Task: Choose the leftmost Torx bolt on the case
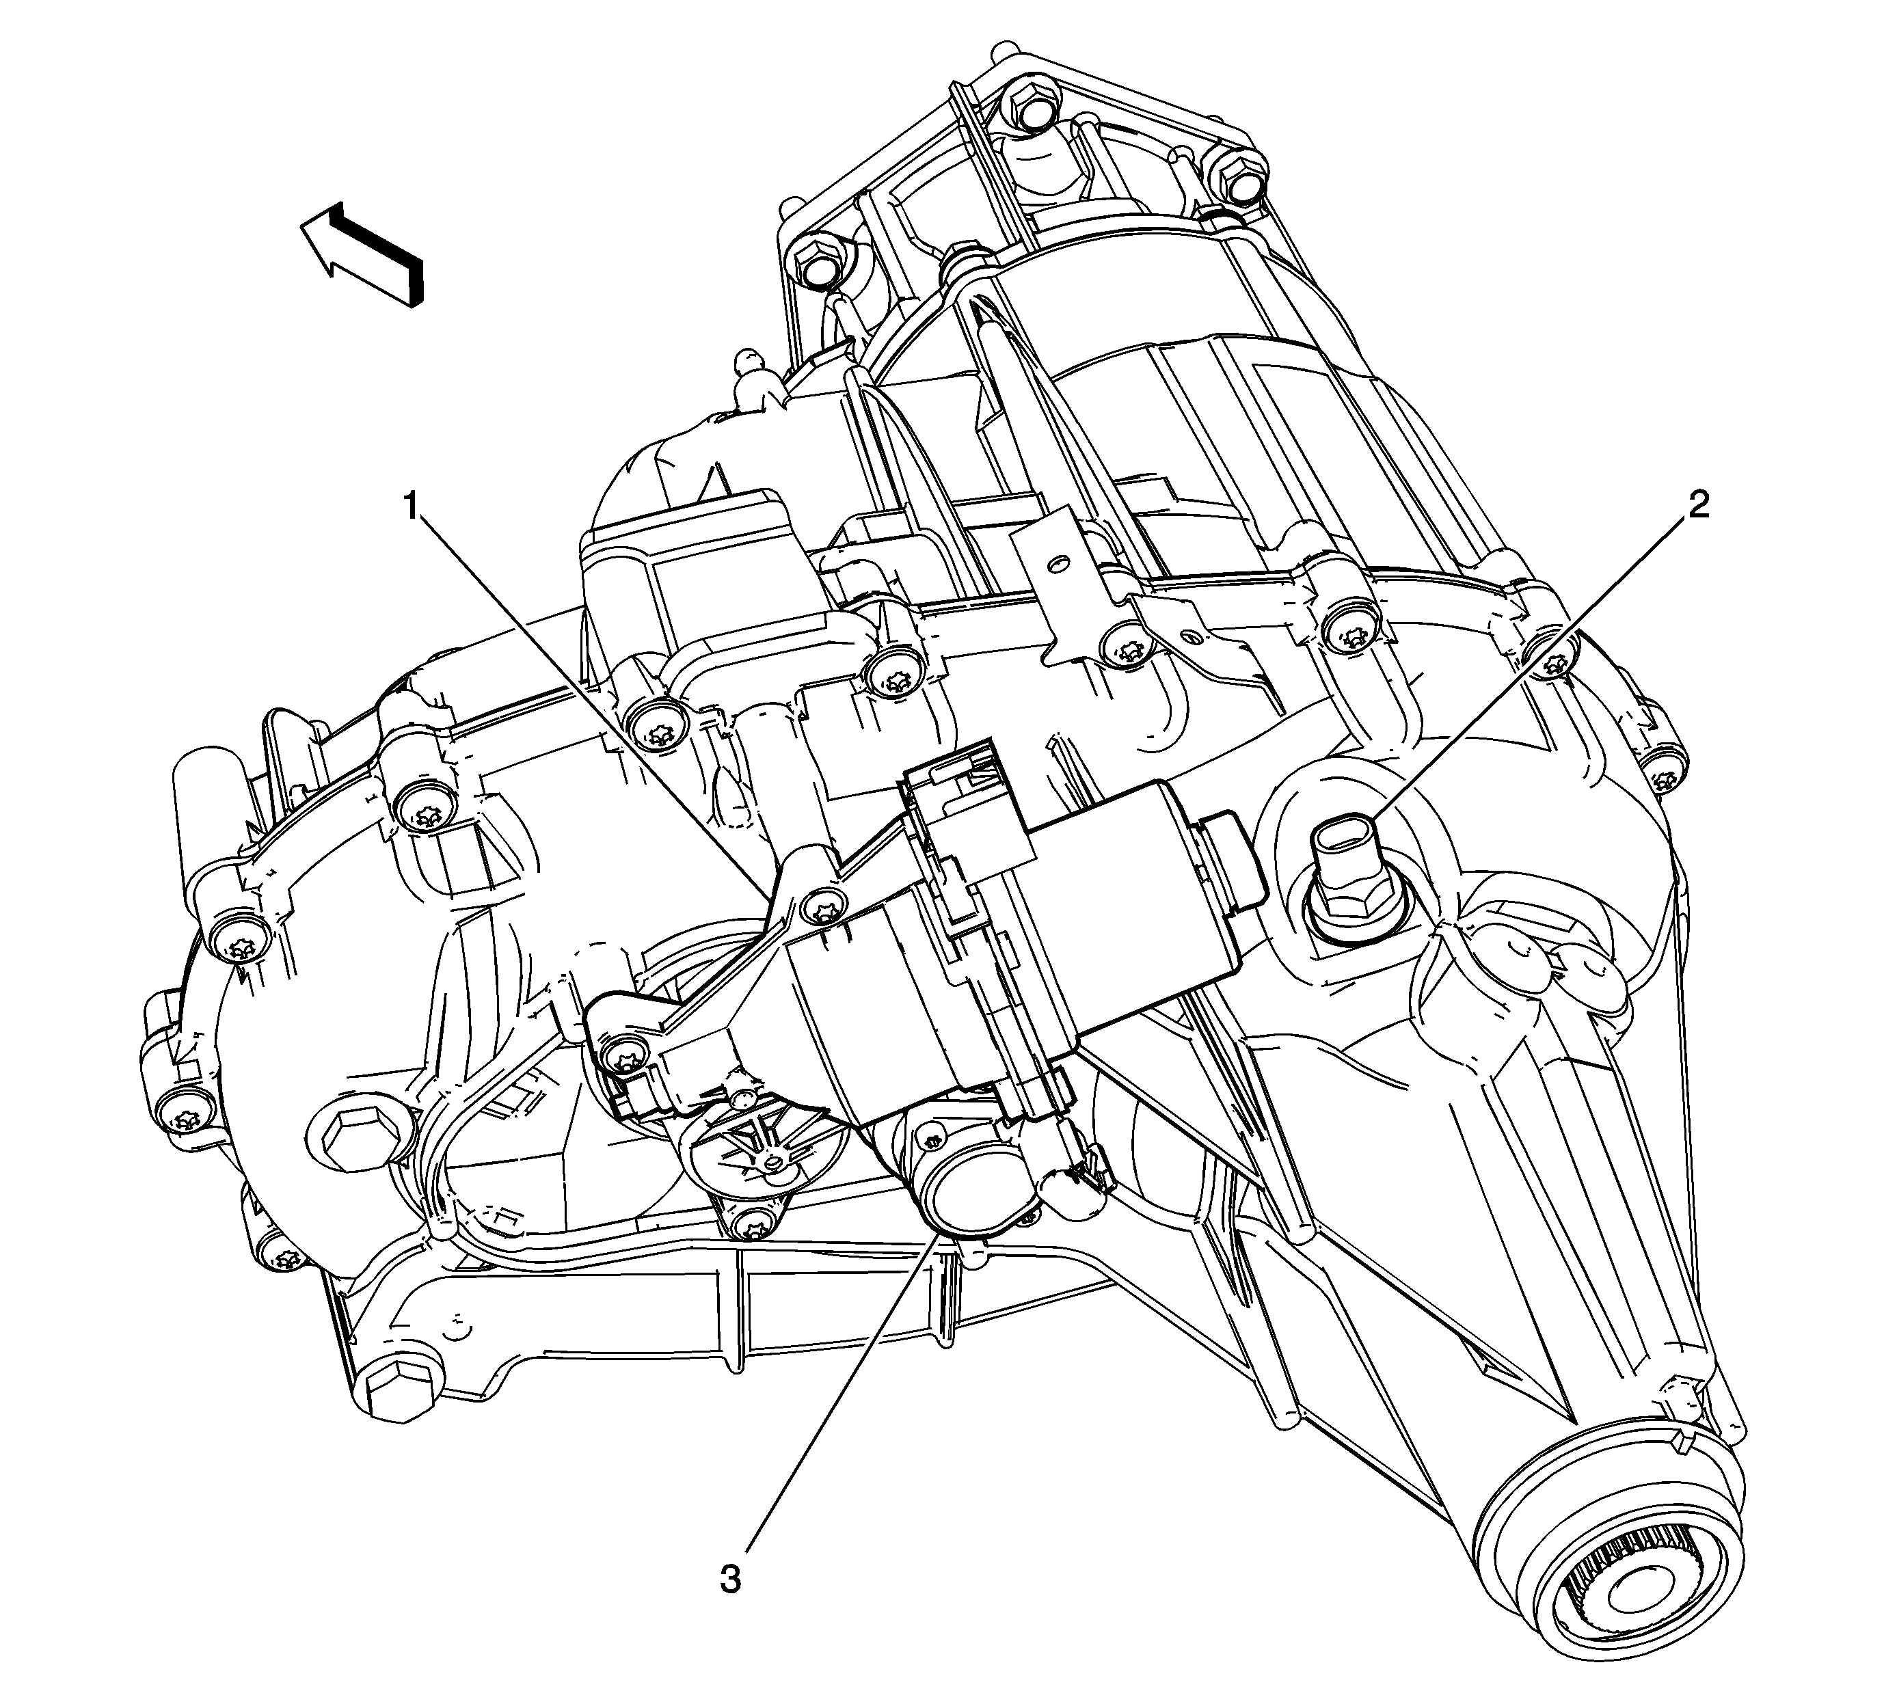pos(175,1113)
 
